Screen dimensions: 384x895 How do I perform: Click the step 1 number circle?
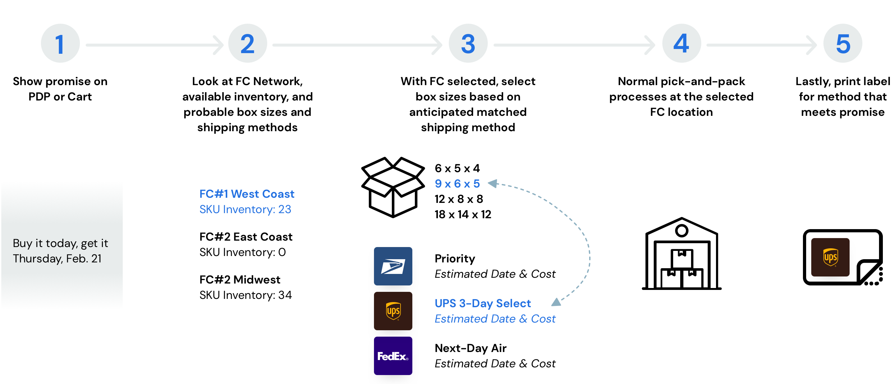tap(60, 44)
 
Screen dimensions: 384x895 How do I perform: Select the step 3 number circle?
tap(468, 44)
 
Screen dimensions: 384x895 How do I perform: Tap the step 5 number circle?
tap(843, 44)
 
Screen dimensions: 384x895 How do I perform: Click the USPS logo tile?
tap(393, 266)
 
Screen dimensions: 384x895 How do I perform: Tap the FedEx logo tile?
tap(393, 356)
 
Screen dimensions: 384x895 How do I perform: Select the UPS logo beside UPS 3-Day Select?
tap(393, 311)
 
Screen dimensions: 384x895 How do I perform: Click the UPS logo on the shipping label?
tap(830, 257)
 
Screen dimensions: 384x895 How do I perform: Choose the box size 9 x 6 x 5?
tap(457, 184)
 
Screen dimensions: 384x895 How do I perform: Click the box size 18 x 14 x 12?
tap(463, 214)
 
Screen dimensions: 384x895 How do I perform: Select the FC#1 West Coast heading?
tap(247, 194)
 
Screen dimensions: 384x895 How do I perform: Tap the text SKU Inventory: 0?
tap(243, 252)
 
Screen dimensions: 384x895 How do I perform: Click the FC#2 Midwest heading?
tap(240, 280)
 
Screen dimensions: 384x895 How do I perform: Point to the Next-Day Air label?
tap(471, 348)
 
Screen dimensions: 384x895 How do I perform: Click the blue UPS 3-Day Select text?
tap(483, 303)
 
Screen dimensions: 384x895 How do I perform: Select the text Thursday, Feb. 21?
tap(57, 259)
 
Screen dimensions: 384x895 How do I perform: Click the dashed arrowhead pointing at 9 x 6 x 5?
tap(493, 183)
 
